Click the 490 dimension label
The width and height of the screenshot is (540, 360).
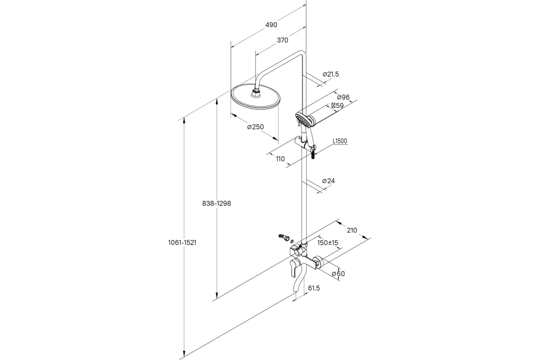point(271,25)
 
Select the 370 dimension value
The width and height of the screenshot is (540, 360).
point(282,40)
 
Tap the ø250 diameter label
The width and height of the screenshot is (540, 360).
point(256,127)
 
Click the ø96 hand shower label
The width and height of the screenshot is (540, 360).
point(343,97)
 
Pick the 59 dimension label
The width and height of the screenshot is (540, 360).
point(337,106)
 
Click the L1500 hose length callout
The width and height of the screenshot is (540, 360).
point(340,141)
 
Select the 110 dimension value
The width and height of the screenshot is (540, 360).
point(280,159)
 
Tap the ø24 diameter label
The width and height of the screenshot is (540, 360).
point(328,181)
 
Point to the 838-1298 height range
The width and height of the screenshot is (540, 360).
point(216,203)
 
